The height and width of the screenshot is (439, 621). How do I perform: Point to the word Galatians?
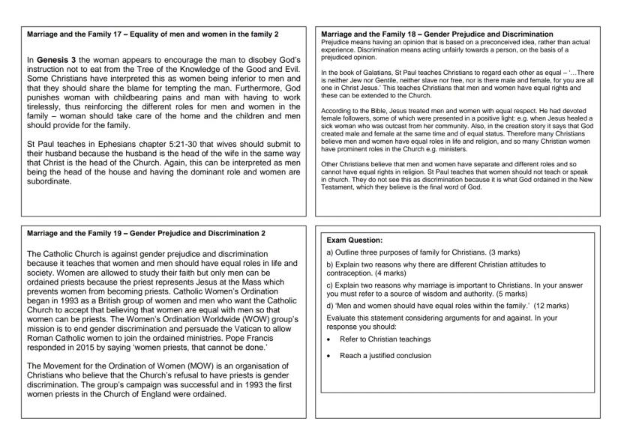click(372, 69)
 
